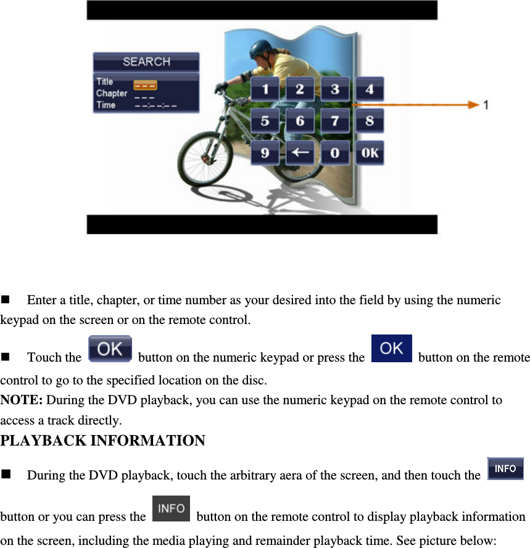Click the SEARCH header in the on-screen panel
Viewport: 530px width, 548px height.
point(146,62)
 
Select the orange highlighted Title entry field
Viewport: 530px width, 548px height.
point(145,85)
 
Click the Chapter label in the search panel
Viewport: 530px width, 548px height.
point(112,94)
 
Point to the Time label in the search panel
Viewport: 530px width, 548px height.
point(106,106)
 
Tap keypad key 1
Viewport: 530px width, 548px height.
point(265,89)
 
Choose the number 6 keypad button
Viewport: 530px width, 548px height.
point(300,121)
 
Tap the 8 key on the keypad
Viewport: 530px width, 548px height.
point(370,121)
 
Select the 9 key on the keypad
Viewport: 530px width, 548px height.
point(265,152)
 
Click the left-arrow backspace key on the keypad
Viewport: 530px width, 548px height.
point(300,152)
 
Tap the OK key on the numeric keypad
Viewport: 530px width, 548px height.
point(370,152)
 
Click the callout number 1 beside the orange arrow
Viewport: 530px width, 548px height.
point(487,106)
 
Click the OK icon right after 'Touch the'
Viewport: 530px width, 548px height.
point(110,349)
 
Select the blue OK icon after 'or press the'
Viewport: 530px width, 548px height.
point(391,349)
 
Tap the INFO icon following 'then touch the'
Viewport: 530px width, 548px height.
point(505,468)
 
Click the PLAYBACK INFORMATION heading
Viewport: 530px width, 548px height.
point(103,441)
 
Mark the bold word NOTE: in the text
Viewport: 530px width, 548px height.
point(22,400)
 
